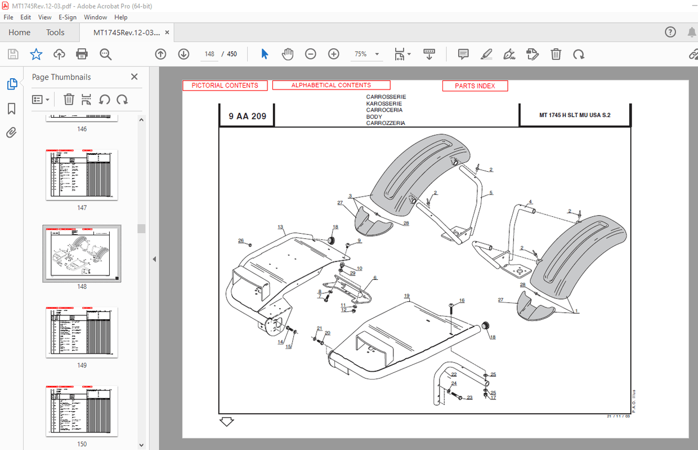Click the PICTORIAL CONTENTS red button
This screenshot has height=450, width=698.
pos(225,86)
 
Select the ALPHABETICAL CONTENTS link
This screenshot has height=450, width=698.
pos(331,85)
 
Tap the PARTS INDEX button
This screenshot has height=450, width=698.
pos(475,86)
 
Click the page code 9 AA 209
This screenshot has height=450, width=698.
pos(247,117)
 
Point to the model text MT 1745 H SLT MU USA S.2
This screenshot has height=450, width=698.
pos(574,115)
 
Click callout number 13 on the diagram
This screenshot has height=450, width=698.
pos(280,227)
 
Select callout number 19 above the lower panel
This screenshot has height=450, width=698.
pos(406,296)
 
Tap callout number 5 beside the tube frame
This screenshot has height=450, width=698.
pos(491,193)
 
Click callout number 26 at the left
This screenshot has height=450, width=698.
pos(241,240)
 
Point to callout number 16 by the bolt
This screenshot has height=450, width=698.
pos(462,301)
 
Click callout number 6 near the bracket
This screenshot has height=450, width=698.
pos(375,278)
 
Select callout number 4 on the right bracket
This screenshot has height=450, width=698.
pos(530,202)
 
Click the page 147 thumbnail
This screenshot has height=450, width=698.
pos(82,175)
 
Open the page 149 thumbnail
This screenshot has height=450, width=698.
pos(82,332)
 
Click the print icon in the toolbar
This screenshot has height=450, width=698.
pos(82,54)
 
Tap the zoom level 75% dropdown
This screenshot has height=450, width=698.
pos(366,54)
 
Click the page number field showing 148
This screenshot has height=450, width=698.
pos(209,54)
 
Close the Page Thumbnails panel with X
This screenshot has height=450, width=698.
pos(134,77)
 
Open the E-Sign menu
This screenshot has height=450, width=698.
pos(67,17)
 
